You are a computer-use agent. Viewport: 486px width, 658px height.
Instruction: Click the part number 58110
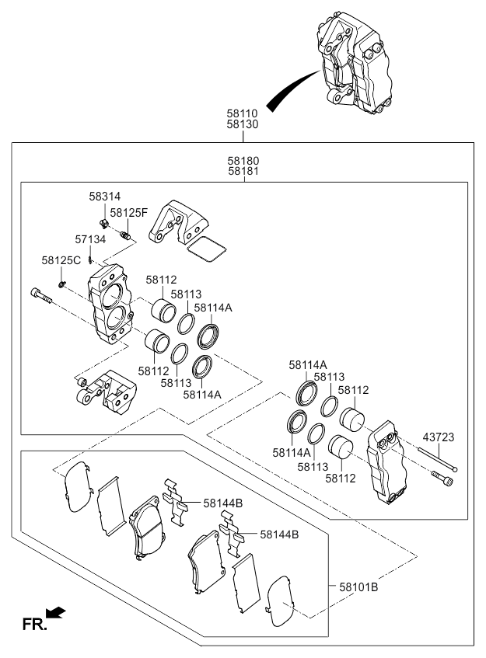(243, 113)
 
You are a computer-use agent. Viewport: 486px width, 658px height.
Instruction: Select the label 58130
(243, 124)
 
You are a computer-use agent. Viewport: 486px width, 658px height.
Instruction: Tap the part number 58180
(243, 160)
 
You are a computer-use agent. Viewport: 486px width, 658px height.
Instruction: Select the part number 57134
(90, 240)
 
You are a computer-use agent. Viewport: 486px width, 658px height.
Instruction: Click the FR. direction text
(34, 623)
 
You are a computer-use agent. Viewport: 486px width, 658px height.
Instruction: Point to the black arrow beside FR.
(56, 614)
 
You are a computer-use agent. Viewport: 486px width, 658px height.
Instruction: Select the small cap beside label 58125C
(61, 283)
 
